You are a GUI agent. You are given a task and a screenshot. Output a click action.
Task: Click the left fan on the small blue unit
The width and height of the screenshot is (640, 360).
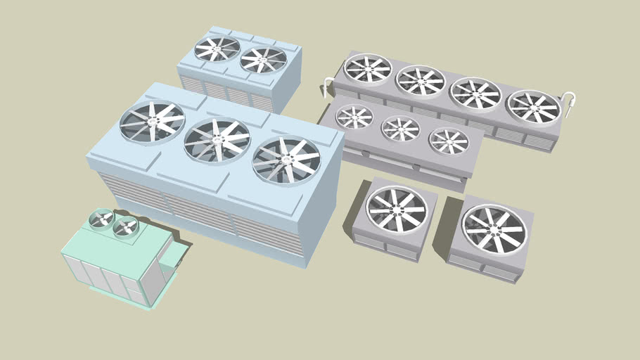217,49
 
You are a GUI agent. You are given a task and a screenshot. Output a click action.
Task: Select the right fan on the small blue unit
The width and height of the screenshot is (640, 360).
263,60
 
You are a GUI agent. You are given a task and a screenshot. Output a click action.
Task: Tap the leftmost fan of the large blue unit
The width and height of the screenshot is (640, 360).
152,122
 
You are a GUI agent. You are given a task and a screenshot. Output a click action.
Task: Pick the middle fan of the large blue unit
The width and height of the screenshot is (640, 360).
217,141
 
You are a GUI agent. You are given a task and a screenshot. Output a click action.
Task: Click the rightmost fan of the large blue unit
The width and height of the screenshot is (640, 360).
286,160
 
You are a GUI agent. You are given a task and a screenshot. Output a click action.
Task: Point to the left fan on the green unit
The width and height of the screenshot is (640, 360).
103,219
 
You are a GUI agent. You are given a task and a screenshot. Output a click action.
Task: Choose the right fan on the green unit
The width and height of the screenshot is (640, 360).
126,226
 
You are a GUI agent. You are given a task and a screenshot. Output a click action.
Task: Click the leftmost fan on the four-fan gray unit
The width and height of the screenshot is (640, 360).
368,68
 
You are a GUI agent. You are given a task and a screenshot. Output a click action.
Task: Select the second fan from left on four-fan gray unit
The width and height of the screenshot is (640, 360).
421,80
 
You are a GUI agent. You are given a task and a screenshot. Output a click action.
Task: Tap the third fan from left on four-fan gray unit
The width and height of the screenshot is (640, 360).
475,93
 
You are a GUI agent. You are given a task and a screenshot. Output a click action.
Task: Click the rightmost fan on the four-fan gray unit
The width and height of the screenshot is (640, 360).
533,106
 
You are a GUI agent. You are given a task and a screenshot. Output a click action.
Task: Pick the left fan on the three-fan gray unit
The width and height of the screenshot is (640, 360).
354,117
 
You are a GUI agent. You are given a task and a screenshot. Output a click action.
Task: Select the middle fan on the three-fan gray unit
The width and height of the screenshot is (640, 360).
400,129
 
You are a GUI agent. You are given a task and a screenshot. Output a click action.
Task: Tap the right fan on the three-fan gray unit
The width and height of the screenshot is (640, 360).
449,141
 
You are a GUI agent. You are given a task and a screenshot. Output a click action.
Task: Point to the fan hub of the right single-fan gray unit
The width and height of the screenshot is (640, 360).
494,229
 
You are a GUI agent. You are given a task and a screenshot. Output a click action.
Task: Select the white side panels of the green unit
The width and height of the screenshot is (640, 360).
105,274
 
